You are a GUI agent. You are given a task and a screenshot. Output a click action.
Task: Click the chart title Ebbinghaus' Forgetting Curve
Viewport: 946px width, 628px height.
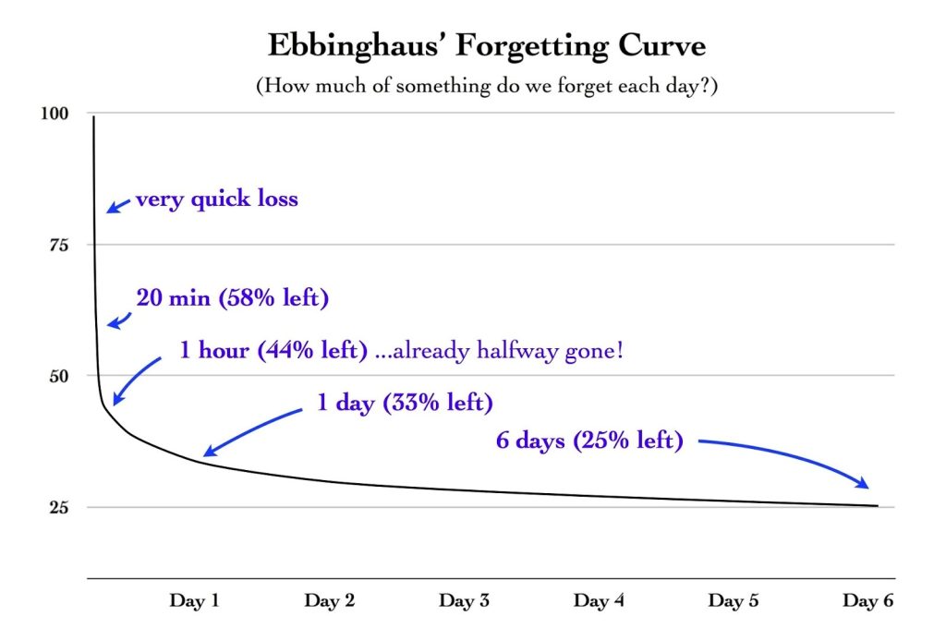[x=472, y=45]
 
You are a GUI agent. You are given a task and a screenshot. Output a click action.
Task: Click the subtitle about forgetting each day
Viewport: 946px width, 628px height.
[x=472, y=86]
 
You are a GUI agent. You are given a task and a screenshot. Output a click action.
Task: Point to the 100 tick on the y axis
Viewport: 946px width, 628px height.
[x=56, y=114]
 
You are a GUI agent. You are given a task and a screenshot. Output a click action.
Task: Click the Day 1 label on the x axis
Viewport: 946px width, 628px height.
[x=194, y=601]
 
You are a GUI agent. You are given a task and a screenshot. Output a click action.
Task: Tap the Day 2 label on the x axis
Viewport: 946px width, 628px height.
[x=329, y=601]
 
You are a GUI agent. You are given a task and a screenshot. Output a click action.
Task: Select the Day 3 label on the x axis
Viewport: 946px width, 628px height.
[x=464, y=601]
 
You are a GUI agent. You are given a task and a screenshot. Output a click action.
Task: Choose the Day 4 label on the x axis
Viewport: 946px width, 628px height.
[x=599, y=601]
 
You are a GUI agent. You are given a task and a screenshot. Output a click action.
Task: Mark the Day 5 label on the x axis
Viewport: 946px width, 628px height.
[x=734, y=601]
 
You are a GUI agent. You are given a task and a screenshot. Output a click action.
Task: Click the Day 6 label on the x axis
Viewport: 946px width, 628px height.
[x=867, y=601]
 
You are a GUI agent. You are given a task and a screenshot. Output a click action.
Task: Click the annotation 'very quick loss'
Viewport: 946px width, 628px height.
[x=216, y=199]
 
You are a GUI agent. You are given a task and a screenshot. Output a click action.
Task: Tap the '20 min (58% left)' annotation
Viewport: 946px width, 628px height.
[x=232, y=298]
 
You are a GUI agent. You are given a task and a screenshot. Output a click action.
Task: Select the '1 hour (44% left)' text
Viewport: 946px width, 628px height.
[x=273, y=352]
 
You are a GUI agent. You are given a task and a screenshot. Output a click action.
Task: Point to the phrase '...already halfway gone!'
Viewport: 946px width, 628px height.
[x=499, y=352]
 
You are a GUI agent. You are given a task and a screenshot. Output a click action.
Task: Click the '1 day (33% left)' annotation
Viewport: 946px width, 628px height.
[x=405, y=404]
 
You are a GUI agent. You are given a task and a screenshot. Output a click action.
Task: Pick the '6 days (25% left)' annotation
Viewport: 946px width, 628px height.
[x=589, y=441]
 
